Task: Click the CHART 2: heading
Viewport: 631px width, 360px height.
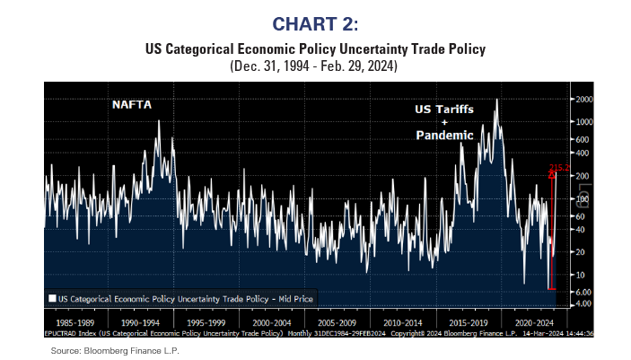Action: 314,21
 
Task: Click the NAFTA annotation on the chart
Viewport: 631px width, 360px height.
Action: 132,104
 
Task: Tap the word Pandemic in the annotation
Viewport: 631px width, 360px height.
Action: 443,135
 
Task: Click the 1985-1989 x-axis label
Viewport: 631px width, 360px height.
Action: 74,319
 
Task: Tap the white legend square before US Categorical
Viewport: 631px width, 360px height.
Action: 52,297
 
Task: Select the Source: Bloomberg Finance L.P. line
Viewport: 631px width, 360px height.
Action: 115,349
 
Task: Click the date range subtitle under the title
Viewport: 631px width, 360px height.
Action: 314,66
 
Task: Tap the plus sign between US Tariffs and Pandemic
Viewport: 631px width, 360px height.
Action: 443,121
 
